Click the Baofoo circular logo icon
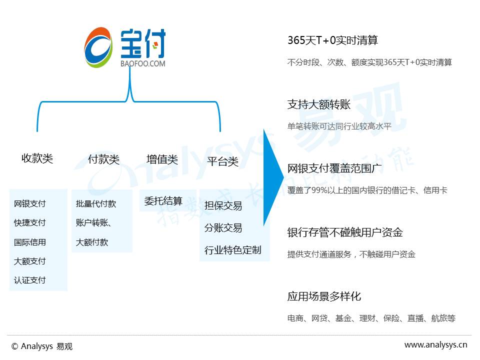[x=99, y=47]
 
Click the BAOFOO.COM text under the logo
[x=142, y=64]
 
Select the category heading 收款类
[x=37, y=158]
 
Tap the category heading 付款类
[x=103, y=159]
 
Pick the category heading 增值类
[x=162, y=159]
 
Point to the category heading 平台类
[x=222, y=161]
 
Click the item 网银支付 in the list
[x=30, y=203]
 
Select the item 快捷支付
[x=30, y=222]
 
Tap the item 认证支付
[x=30, y=280]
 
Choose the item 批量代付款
[x=96, y=203]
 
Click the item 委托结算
[x=163, y=201]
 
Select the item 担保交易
[x=223, y=205]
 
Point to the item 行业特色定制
[x=232, y=250]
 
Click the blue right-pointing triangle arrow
[x=272, y=177]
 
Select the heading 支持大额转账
[x=319, y=104]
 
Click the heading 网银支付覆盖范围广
[x=335, y=168]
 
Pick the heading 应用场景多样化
[x=324, y=296]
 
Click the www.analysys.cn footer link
[x=435, y=344]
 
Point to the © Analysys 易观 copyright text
[x=42, y=346]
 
